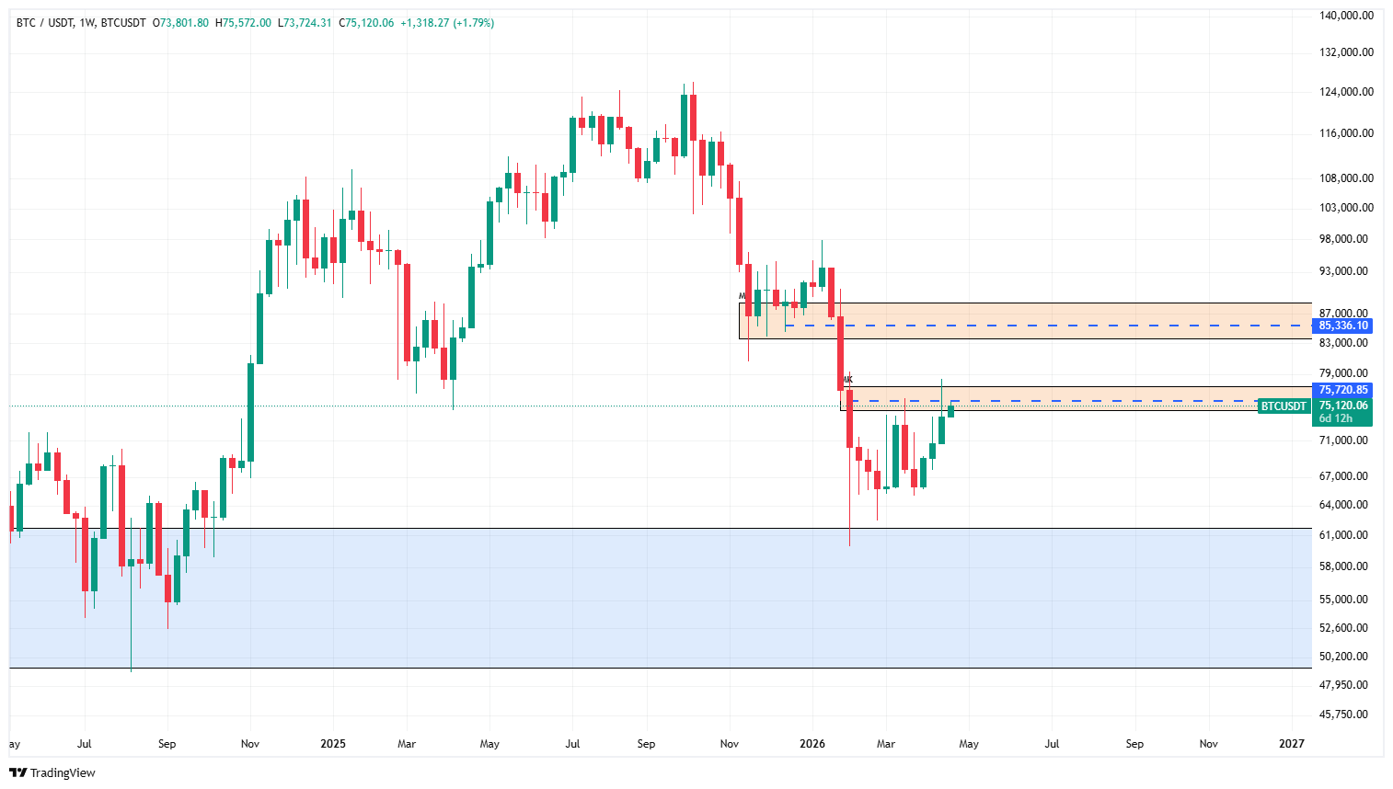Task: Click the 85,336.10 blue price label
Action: pos(1343,326)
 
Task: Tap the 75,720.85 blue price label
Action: pos(1343,390)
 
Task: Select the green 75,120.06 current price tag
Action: pos(1343,406)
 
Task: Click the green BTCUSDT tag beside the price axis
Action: pos(1284,406)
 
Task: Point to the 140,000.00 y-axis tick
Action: pos(1346,16)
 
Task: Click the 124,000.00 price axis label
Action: pos(1346,92)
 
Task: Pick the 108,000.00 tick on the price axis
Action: pos(1346,178)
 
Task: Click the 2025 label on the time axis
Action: pos(333,744)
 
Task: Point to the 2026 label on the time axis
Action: pos(812,744)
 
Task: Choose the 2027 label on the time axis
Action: pos(1292,744)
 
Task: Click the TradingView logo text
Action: pos(63,773)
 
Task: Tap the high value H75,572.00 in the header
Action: pos(244,23)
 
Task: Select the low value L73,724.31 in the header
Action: pos(304,23)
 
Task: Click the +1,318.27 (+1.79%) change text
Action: pos(447,23)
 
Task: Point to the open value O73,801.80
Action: pos(184,23)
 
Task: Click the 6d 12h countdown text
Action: pos(1336,418)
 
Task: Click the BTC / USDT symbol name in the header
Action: pos(45,23)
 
